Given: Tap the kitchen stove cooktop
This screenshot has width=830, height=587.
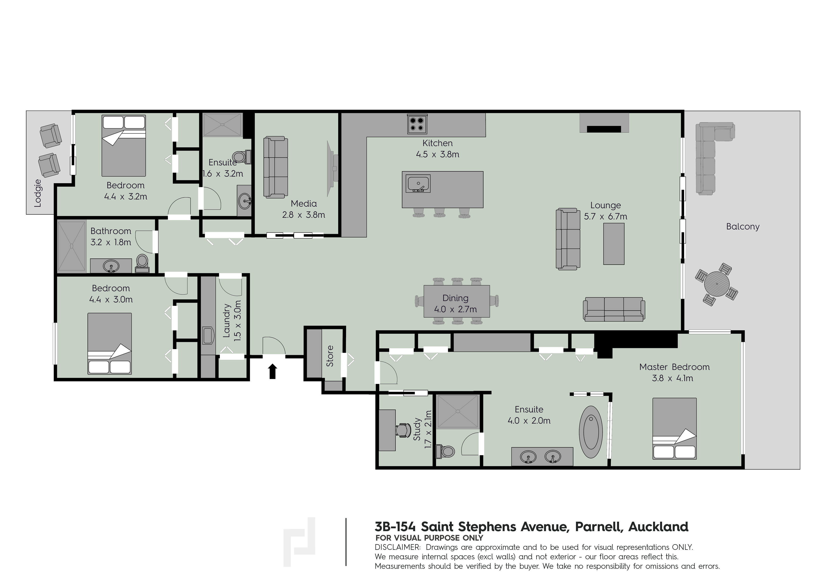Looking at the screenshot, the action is (x=417, y=124).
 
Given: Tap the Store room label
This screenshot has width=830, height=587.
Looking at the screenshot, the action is (x=330, y=356).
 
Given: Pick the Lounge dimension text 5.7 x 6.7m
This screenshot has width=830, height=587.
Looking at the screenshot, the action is (x=606, y=217).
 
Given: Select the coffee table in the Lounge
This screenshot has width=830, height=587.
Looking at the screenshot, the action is (x=614, y=244).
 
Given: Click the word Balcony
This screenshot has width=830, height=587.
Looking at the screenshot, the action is (x=743, y=227).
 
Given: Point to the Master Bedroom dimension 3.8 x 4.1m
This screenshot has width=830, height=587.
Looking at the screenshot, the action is (x=672, y=378).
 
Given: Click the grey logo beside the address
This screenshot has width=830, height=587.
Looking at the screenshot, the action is (x=299, y=541).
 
